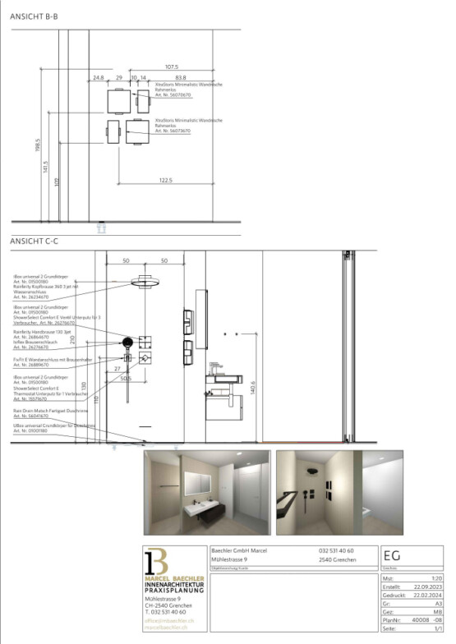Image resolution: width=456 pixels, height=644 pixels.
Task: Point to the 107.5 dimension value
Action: [x=171, y=67]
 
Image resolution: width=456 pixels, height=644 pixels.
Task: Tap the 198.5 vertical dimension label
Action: [x=38, y=145]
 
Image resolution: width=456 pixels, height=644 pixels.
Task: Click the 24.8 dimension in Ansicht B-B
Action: [x=98, y=78]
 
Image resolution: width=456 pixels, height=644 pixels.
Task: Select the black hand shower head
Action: [x=127, y=343]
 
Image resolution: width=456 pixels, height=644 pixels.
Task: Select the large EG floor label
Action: [x=393, y=556]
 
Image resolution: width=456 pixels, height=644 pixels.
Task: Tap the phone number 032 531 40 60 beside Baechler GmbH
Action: [x=336, y=550]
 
